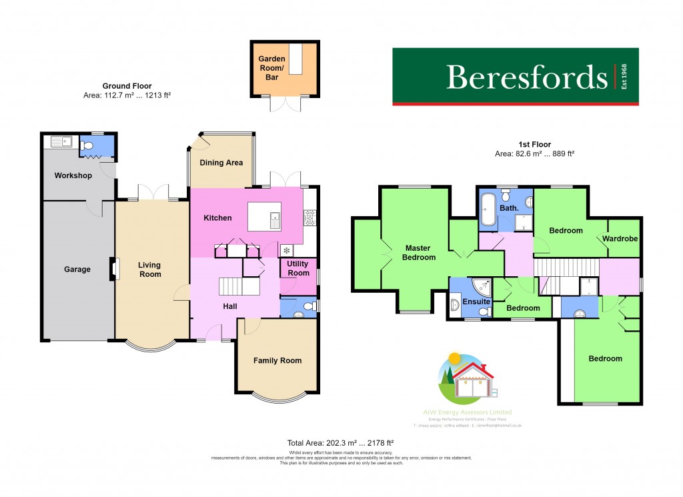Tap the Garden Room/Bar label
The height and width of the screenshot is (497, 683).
click(x=272, y=68)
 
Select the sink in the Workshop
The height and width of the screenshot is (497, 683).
click(x=61, y=141)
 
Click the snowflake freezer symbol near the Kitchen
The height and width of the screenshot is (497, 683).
click(x=287, y=250)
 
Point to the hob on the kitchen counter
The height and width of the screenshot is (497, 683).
click(x=310, y=216)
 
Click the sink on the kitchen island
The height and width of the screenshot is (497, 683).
click(x=274, y=218)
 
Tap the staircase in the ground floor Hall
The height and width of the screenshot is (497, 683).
click(x=238, y=286)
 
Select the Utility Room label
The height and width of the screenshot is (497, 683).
click(x=298, y=268)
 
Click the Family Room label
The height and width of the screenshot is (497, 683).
click(x=277, y=360)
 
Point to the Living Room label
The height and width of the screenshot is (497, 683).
click(x=149, y=270)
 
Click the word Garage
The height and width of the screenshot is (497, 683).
click(x=77, y=270)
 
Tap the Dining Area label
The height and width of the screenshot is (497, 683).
click(x=221, y=163)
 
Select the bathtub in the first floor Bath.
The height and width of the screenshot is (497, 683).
click(x=487, y=209)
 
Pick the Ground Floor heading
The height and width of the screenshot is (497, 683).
click(x=127, y=86)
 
